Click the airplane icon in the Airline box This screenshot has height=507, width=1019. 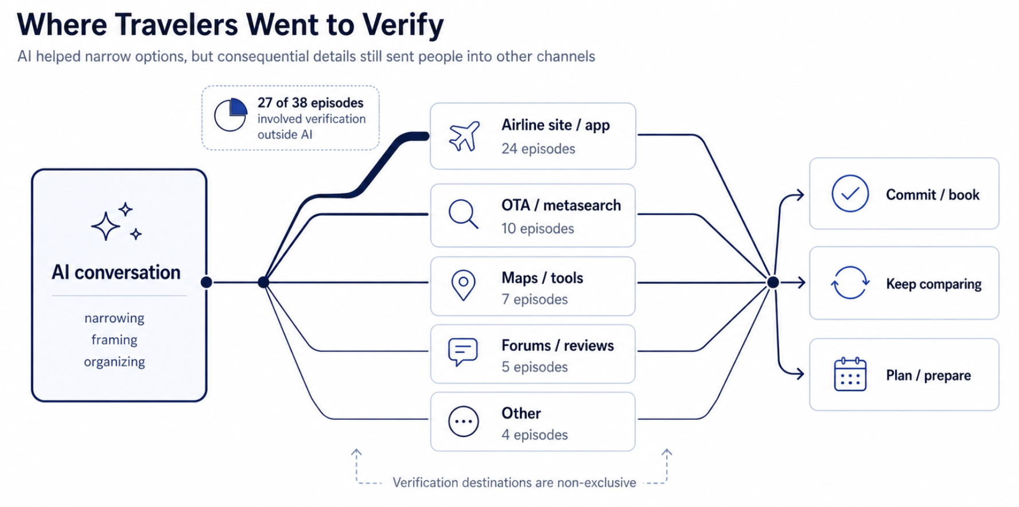click(464, 136)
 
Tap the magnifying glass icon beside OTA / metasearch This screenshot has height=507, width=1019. click(463, 214)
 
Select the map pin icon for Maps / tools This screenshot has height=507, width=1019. click(463, 285)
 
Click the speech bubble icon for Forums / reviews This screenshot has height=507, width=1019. click(462, 352)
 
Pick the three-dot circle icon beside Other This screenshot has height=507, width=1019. click(463, 422)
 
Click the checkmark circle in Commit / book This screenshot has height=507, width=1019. click(850, 194)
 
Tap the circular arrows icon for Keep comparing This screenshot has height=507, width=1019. click(850, 283)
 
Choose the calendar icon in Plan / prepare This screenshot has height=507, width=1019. click(850, 375)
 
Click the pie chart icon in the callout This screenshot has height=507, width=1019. click(231, 115)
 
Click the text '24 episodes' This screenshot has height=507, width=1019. click(538, 149)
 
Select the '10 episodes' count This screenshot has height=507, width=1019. click(538, 229)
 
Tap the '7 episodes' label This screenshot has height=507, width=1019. click(535, 299)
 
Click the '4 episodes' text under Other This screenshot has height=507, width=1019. click(535, 435)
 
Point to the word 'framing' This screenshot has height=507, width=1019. click(114, 340)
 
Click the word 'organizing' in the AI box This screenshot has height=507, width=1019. click(114, 362)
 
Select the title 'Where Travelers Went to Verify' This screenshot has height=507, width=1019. click(230, 25)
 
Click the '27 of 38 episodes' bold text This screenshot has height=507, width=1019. click(310, 103)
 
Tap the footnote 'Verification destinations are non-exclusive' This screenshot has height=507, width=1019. click(514, 483)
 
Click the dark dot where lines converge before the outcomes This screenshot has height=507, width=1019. click(773, 282)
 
